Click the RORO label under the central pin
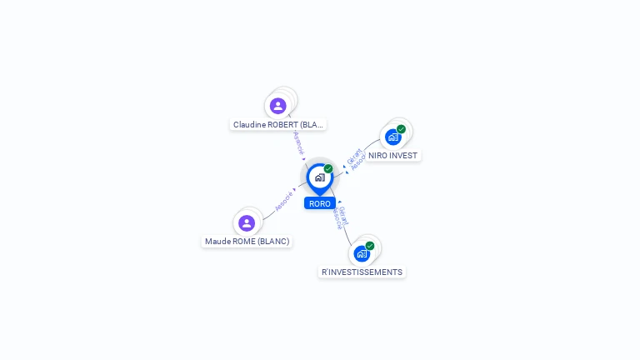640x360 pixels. point(319,203)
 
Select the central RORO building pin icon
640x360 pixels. point(319,177)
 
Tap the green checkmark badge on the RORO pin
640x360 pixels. point(328,169)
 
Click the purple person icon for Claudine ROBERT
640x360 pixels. point(278,106)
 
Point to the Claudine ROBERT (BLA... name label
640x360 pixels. point(277,124)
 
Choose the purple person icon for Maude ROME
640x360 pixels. point(247,223)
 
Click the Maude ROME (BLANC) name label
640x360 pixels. point(247,242)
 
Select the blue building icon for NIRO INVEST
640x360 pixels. point(392,137)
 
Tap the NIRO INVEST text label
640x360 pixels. point(392,156)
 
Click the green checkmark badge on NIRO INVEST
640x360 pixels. point(401,129)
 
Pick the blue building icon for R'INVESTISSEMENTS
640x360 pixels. point(362,253)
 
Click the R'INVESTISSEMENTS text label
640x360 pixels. point(362,272)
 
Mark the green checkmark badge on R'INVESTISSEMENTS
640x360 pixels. point(370,246)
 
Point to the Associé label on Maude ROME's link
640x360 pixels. point(283,201)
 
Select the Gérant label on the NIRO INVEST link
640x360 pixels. point(353,156)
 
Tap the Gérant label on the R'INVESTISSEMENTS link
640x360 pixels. point(344,216)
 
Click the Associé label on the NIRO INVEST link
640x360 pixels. point(358,162)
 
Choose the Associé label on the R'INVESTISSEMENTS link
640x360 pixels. point(337,218)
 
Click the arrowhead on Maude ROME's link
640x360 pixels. point(295,190)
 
